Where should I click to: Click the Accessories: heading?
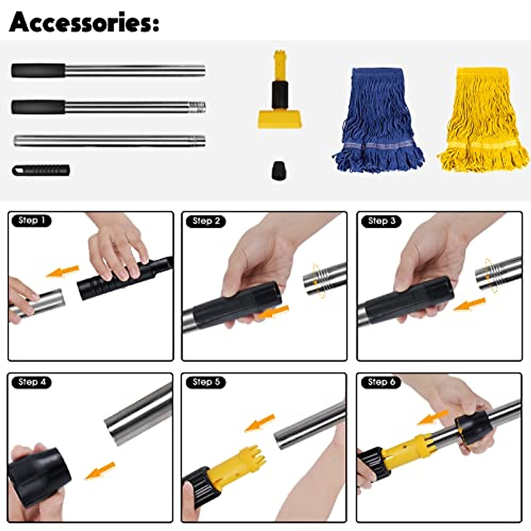pyautogui.click(x=84, y=22)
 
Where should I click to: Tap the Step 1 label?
pyautogui.click(x=31, y=220)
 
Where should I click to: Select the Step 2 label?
pyautogui.click(x=206, y=221)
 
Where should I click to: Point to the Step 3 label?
pyautogui.click(x=381, y=220)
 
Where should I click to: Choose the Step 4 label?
pyautogui.click(x=31, y=382)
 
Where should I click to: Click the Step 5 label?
pyautogui.click(x=206, y=382)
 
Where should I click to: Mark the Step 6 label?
pyautogui.click(x=381, y=381)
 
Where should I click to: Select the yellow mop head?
pyautogui.click(x=482, y=119)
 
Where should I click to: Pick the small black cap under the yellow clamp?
pyautogui.click(x=278, y=170)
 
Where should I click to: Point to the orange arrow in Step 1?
pyautogui.click(x=62, y=271)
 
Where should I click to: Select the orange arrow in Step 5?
pyautogui.click(x=260, y=423)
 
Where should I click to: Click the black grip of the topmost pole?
pyautogui.click(x=38, y=70)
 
